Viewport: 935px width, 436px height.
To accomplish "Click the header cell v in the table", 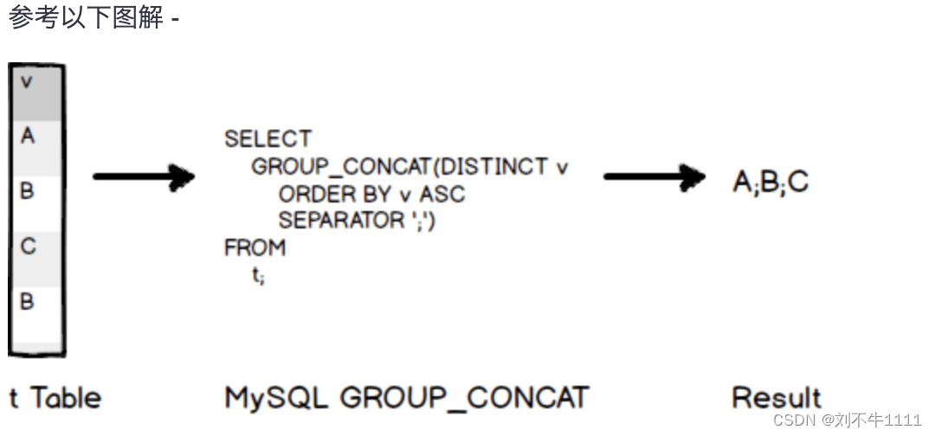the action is [35, 92].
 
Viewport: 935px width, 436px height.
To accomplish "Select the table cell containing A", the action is [35, 147].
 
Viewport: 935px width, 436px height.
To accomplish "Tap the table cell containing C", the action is [35, 257].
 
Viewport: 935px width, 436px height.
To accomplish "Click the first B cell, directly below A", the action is [35, 202].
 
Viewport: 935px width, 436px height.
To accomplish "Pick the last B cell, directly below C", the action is [35, 311].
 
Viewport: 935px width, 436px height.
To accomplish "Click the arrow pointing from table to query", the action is [144, 177].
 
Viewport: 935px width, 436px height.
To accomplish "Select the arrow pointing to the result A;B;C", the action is [654, 177].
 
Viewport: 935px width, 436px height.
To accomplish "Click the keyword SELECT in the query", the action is [268, 139].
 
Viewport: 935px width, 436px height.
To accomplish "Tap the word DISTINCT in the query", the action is [494, 166].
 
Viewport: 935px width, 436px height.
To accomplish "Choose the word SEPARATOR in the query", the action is [341, 221].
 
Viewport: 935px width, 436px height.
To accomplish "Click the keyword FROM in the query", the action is [255, 248].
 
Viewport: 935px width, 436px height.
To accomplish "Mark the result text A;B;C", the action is [771, 183].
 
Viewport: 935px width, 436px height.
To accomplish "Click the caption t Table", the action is [55, 398].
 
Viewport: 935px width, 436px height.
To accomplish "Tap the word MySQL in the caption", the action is [276, 398].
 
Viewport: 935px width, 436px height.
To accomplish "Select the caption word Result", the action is [777, 398].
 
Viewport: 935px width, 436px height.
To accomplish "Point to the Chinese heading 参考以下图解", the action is [87, 17].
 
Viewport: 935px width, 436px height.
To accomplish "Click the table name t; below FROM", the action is [258, 277].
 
